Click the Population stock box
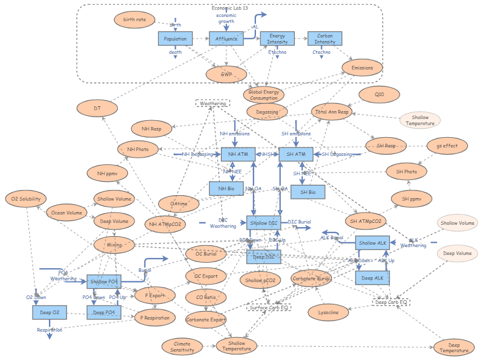pyautogui.click(x=175, y=39)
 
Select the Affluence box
pyautogui.click(x=226, y=39)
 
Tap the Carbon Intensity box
pyautogui.click(x=325, y=39)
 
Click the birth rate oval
pyautogui.click(x=135, y=20)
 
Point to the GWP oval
pyautogui.click(x=226, y=74)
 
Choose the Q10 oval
pyautogui.click(x=379, y=95)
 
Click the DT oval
pyautogui.click(x=97, y=109)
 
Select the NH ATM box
pyautogui.click(x=238, y=155)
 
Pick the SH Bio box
pyautogui.click(x=308, y=192)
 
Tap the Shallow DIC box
pyautogui.click(x=264, y=223)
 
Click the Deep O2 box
pyautogui.click(x=49, y=312)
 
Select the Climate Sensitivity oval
pyautogui.click(x=182, y=346)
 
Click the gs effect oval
pyautogui.click(x=447, y=146)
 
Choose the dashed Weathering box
pyautogui.click(x=213, y=104)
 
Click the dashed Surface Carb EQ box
pyautogui.click(x=269, y=307)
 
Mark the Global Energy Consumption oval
pyautogui.click(x=264, y=94)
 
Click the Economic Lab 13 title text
pyautogui.click(x=229, y=8)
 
